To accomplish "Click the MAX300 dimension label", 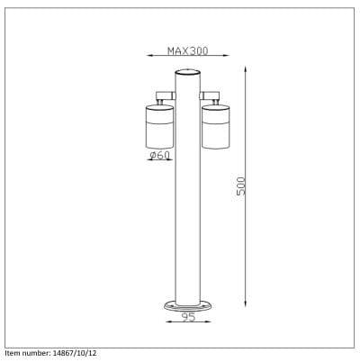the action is click(x=187, y=50).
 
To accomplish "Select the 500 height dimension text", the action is click(x=241, y=186).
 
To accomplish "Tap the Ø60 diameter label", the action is click(x=160, y=155).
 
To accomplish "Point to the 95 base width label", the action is click(x=189, y=317).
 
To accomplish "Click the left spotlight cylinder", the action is click(x=159, y=127).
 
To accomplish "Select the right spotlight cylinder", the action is click(x=216, y=127).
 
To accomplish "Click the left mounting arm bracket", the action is click(x=166, y=96).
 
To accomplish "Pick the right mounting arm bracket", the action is click(x=210, y=96).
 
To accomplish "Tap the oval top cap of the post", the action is click(x=187, y=72).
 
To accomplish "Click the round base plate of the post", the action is click(x=188, y=307).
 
